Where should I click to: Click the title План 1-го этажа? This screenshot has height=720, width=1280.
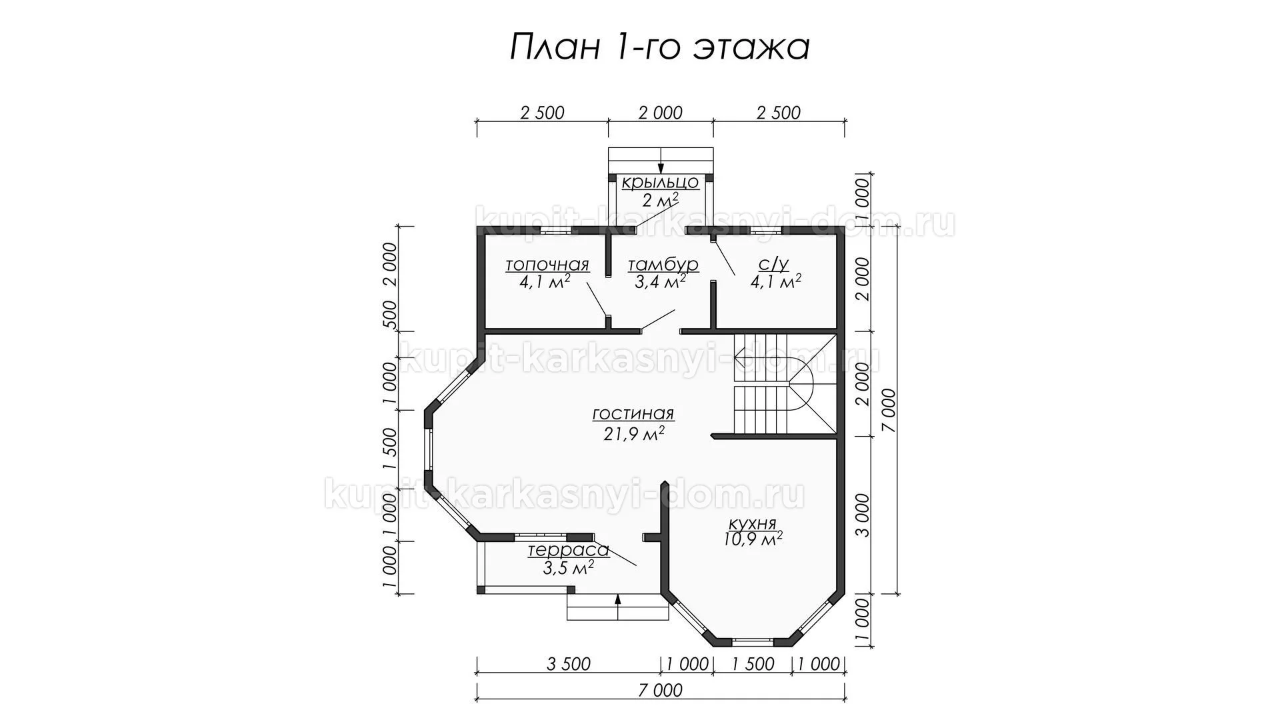(660, 48)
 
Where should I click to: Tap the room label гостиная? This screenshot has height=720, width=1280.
(633, 414)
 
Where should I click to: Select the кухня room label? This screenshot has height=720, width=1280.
(753, 523)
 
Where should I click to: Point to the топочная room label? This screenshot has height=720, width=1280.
(547, 265)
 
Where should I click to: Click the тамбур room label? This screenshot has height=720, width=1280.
(663, 265)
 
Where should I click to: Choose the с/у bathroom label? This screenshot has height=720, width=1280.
(774, 265)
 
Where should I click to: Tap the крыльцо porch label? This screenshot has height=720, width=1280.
(660, 183)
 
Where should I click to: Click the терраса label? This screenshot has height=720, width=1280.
(569, 551)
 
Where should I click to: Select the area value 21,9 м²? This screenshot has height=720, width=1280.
(632, 434)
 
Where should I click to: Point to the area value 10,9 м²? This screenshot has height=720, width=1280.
(753, 539)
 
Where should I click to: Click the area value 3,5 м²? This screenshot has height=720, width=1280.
(569, 568)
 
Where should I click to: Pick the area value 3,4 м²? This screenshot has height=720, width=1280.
(660, 282)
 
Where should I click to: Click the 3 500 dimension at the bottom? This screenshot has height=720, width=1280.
(568, 664)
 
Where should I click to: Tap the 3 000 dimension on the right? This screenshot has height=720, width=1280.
(863, 515)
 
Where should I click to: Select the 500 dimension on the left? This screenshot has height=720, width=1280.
(390, 315)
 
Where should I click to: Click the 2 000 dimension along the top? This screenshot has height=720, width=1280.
(660, 113)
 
